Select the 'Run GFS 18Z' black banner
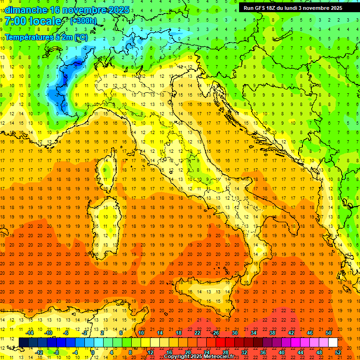293,7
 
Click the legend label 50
328,332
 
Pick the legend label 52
338,352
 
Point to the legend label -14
30,332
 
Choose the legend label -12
39,352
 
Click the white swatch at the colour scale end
333,342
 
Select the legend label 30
234,332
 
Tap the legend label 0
93,352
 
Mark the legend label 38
272,332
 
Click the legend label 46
309,332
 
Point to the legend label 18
178,332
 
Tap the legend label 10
141,332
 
